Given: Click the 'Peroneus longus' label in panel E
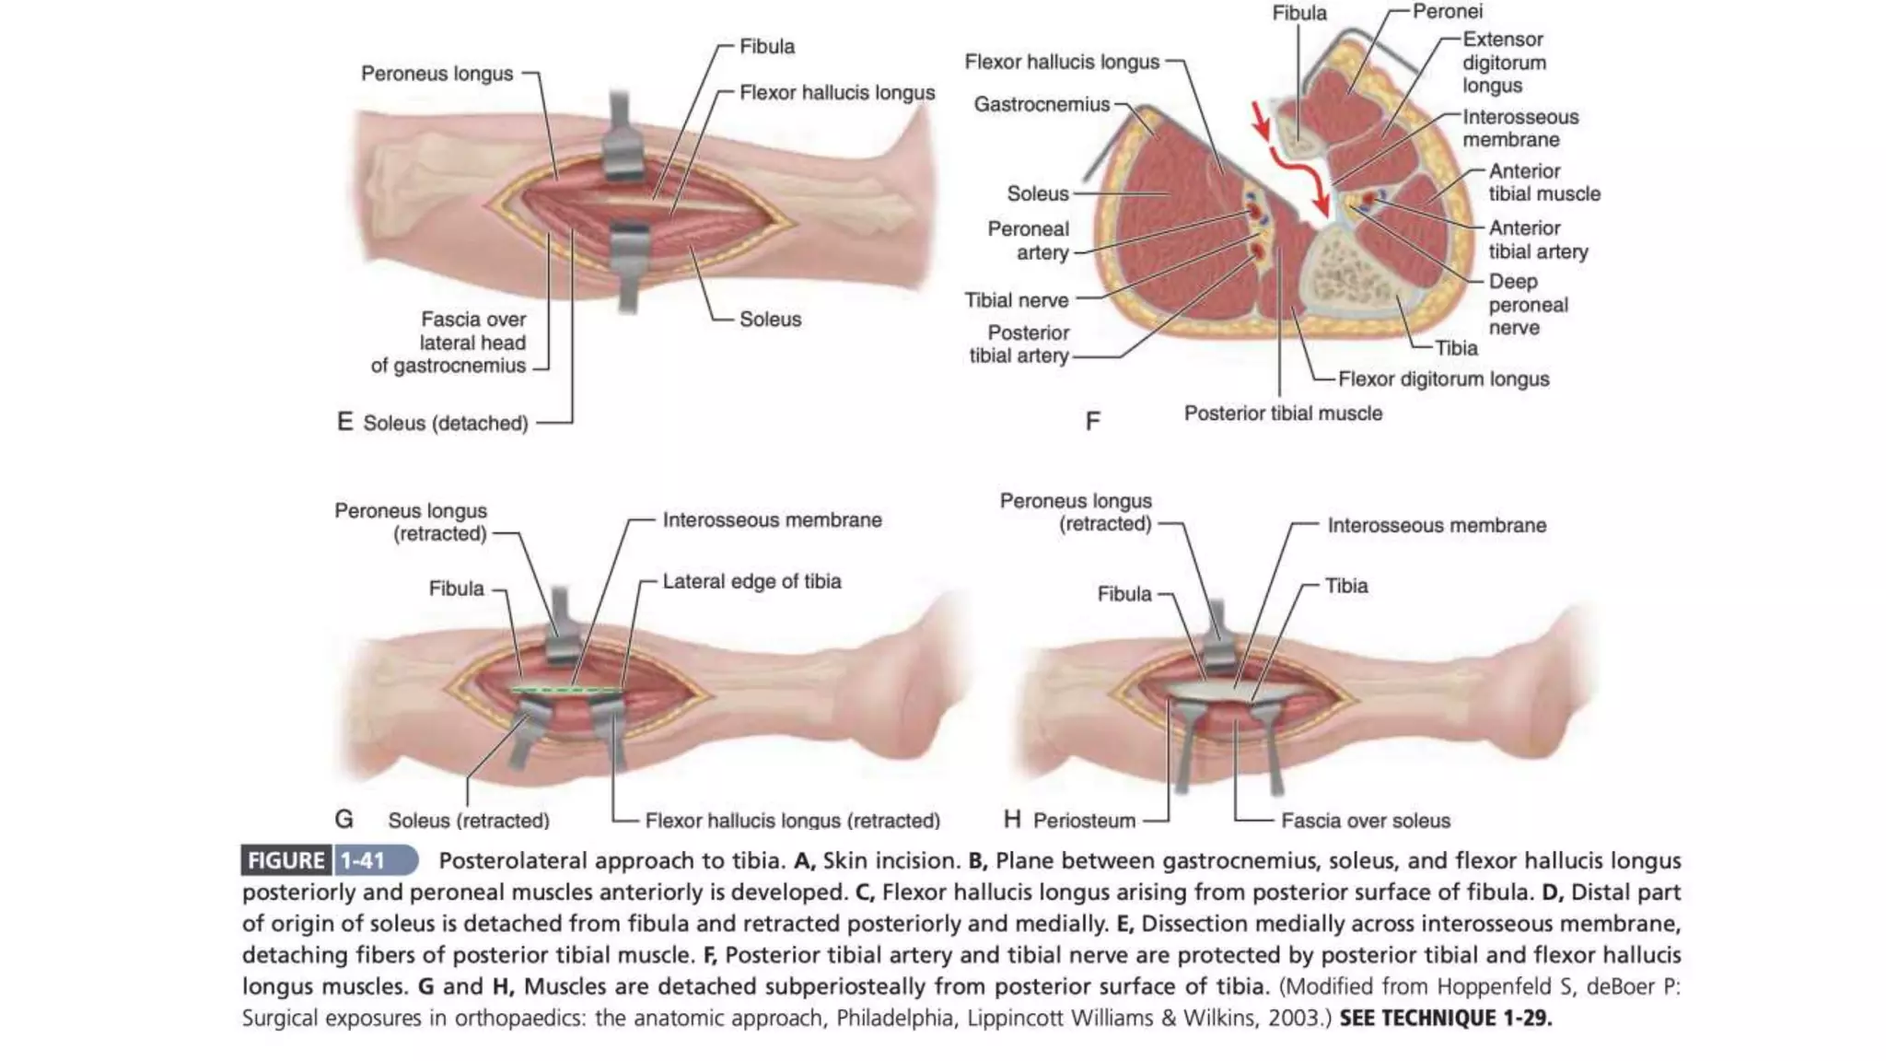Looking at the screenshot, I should point(437,74).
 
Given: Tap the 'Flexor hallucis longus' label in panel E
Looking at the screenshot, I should point(836,93).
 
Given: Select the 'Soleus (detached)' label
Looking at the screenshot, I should point(445,424).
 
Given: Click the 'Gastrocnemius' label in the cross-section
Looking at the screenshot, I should point(1042,105).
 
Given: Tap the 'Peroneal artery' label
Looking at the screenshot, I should point(1029,240).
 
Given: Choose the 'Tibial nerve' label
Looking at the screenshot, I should point(1017,300).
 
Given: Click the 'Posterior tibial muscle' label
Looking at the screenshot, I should point(1283,414).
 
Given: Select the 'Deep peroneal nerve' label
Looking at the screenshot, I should point(1528,305).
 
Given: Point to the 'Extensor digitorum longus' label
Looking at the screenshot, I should point(1504,63).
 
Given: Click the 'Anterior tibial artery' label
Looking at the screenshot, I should point(1537,239).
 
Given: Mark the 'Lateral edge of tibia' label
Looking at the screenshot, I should point(751,582).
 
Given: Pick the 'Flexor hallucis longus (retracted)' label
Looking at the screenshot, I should point(792,821).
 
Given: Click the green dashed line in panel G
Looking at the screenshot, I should point(566,690).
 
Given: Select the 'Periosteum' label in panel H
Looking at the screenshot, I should point(1084,821).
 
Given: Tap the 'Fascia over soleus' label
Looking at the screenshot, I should point(1365,821).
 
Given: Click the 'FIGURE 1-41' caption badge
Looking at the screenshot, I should point(329,860).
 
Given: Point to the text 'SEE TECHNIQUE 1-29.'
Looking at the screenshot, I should point(1445,1019).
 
